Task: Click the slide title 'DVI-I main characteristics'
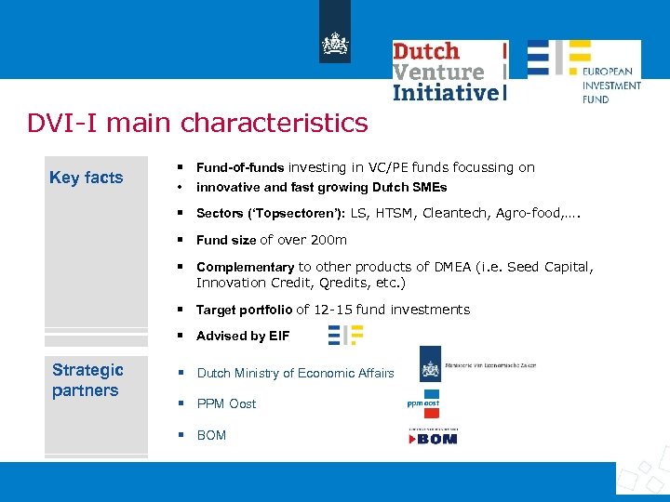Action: tap(197, 123)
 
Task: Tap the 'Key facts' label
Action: tap(86, 178)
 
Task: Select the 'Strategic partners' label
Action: tap(86, 380)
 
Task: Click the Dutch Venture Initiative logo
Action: tap(449, 71)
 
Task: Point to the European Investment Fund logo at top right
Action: tap(583, 71)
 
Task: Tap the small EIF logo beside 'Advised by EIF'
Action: tap(345, 335)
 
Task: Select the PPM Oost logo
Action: tap(422, 403)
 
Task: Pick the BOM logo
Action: tap(433, 435)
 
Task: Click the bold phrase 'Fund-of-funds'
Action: tap(240, 167)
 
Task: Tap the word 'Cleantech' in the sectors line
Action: tap(455, 213)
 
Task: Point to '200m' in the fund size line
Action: tap(328, 240)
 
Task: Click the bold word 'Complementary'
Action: tap(245, 267)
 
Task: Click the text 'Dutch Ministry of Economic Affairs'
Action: tap(295, 373)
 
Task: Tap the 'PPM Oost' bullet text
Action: tap(226, 403)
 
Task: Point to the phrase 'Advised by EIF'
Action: tap(243, 336)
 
